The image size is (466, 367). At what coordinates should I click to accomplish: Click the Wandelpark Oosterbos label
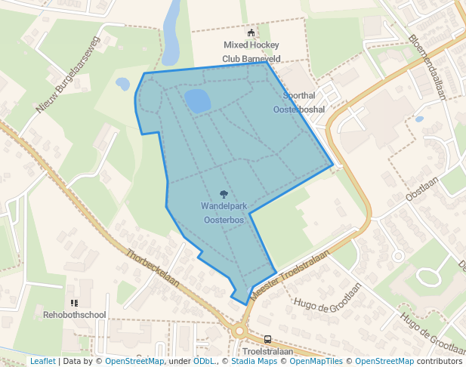click(223, 212)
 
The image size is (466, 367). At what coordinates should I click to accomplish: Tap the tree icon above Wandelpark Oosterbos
click(224, 194)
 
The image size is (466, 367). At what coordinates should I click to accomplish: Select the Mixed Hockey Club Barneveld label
click(252, 52)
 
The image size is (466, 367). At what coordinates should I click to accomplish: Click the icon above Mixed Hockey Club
click(252, 33)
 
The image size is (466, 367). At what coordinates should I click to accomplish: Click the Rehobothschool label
click(74, 314)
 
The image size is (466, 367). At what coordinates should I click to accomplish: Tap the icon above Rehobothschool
click(74, 302)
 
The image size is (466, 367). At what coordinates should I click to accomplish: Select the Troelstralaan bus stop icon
click(268, 340)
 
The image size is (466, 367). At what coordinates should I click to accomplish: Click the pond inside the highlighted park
click(198, 100)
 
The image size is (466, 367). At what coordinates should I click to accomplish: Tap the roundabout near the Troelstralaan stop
click(241, 330)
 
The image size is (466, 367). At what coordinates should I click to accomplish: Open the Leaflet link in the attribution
click(42, 361)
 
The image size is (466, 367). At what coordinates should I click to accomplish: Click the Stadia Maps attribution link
click(253, 361)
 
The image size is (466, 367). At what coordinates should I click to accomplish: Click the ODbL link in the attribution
click(203, 361)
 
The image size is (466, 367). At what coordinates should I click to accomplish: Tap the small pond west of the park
click(122, 84)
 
